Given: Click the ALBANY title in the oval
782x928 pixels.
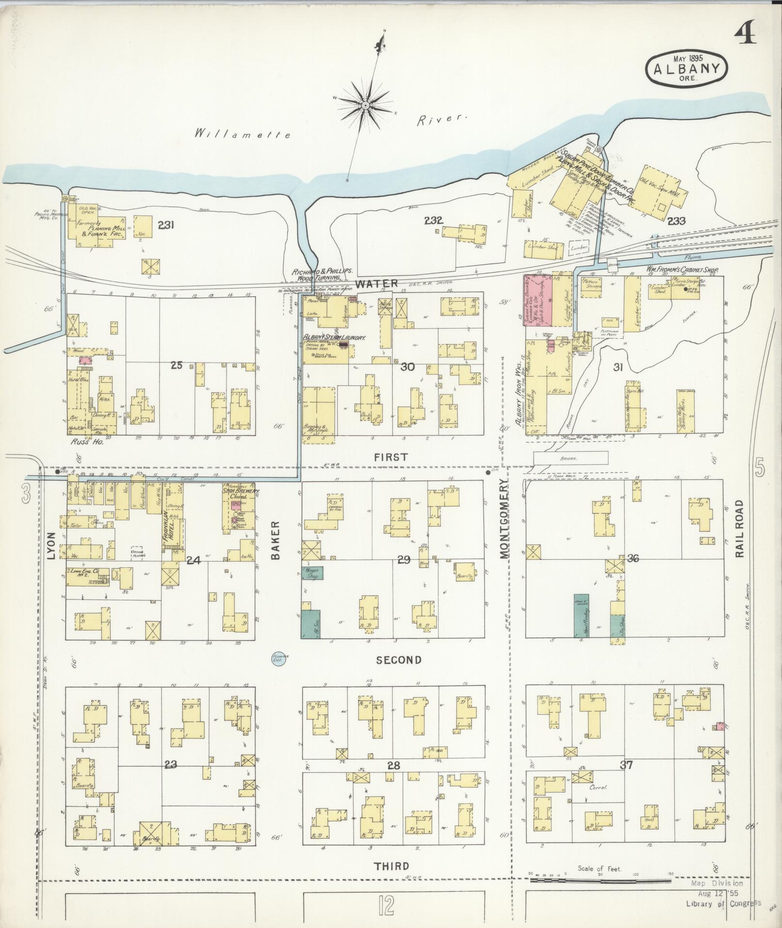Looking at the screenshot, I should point(686,69).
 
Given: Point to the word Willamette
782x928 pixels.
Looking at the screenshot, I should point(242,134).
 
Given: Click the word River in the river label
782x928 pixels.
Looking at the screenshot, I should point(442,119).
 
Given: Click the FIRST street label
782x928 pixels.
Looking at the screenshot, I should point(391,457).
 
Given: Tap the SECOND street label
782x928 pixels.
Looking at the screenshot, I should point(399,660).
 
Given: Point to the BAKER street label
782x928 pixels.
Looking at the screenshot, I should point(276,540).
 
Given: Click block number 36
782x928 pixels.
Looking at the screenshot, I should point(633,558).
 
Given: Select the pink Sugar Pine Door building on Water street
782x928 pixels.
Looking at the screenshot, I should point(538,300).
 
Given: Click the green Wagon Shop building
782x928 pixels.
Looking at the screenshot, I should point(312,572).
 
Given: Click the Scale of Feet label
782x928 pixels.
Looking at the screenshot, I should point(599,869).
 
